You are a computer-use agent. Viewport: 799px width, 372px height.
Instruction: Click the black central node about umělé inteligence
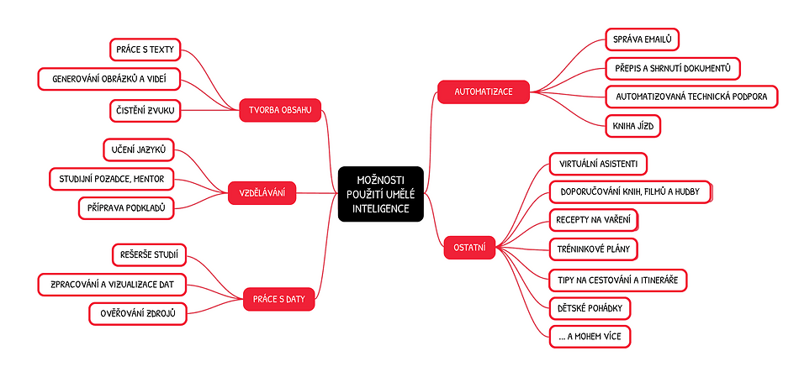(x=380, y=194)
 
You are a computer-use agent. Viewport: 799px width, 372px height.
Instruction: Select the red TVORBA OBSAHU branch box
(x=280, y=110)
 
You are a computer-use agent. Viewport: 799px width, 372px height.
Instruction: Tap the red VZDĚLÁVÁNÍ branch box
(x=262, y=194)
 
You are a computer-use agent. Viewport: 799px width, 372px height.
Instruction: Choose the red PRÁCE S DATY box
(x=278, y=298)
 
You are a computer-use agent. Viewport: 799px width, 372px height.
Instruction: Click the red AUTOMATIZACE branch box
(x=484, y=91)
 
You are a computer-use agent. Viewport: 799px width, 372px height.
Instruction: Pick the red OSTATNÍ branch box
(x=470, y=248)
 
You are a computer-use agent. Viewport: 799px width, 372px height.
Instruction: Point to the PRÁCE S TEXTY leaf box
(x=146, y=50)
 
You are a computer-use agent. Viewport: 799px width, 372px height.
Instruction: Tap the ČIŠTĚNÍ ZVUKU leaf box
(x=146, y=110)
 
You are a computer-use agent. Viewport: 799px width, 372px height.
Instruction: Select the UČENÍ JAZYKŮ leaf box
(x=138, y=150)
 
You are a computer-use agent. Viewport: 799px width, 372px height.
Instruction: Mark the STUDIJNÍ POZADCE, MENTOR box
(x=112, y=179)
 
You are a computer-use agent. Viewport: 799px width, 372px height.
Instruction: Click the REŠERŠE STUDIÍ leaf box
(x=150, y=254)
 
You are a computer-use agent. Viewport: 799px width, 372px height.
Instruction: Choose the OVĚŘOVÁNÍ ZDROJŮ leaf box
(x=138, y=314)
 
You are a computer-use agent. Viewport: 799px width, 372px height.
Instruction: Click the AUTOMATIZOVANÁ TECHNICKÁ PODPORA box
(x=691, y=97)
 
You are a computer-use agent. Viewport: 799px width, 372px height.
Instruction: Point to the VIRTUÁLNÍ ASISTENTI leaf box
(x=597, y=162)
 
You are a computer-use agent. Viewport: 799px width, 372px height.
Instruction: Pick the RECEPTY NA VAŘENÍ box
(x=593, y=220)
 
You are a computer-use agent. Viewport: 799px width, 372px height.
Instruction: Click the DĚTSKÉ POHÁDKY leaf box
(x=589, y=308)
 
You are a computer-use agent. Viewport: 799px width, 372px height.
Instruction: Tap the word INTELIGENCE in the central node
(x=380, y=208)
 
